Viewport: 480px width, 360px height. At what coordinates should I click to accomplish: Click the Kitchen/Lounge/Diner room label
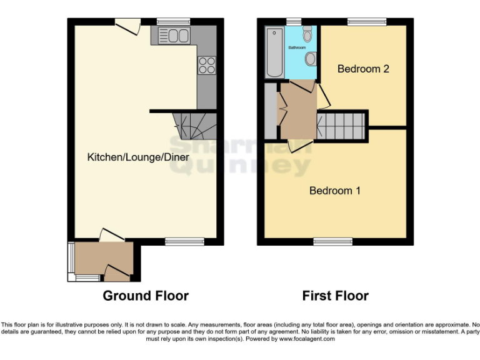tap(137, 157)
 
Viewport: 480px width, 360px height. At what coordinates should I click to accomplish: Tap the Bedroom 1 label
tap(334, 191)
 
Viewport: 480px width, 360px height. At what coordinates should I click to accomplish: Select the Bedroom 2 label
tap(363, 69)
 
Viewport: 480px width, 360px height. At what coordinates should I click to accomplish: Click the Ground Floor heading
tap(146, 296)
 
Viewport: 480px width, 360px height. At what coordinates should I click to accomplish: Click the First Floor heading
tap(335, 296)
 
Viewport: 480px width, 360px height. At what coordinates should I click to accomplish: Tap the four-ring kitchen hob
tap(206, 64)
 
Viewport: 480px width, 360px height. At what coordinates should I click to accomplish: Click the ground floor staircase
tap(194, 125)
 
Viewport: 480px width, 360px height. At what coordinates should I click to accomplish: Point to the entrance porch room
tap(103, 259)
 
